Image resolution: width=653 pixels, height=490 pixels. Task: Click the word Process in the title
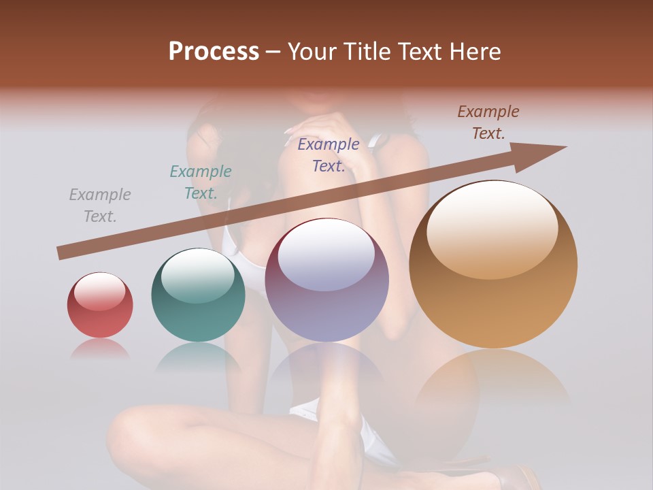point(214,52)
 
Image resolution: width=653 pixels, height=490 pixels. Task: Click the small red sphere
point(100,306)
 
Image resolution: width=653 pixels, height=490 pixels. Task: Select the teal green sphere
point(198,295)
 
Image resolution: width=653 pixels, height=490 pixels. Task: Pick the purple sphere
point(326,280)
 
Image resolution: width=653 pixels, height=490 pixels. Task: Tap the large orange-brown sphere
point(493,265)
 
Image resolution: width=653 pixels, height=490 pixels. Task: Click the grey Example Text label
point(100,206)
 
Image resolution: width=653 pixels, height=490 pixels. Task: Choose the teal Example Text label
point(201,182)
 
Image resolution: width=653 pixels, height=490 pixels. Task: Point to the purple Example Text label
point(329,155)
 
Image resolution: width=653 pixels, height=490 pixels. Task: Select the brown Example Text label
point(488,122)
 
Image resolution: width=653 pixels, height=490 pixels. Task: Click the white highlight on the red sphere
point(99,292)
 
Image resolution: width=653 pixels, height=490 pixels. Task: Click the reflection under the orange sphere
point(493,378)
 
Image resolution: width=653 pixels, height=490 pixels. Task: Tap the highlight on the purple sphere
point(326,257)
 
